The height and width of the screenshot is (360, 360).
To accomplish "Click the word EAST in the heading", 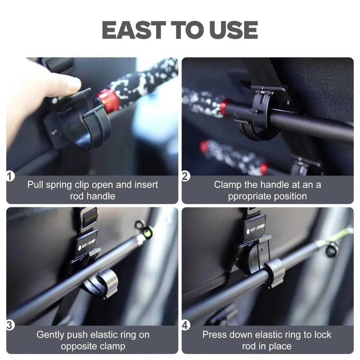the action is (x=134, y=30).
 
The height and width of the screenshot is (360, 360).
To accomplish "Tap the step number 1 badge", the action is (x=9, y=176).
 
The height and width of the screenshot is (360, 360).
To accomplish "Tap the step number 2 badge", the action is (x=185, y=176).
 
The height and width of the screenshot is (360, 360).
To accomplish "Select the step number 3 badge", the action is (x=9, y=325).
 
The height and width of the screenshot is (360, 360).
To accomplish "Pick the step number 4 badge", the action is (x=185, y=325).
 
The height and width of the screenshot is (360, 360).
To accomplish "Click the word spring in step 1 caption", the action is (x=59, y=185).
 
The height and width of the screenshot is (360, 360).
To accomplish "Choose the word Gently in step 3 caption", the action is (x=50, y=335).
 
